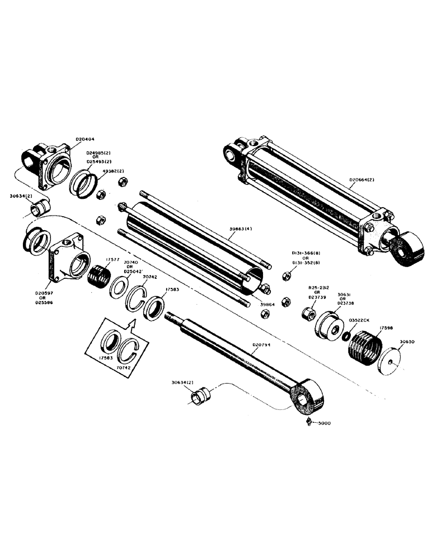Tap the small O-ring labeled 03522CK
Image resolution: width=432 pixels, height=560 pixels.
[x=347, y=337]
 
